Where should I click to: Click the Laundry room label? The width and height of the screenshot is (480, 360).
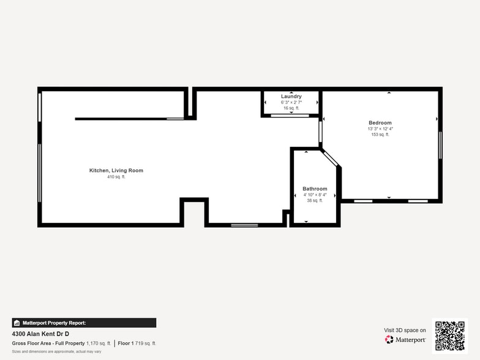pyautogui.click(x=291, y=97)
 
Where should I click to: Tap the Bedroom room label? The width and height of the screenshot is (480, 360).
pyautogui.click(x=380, y=123)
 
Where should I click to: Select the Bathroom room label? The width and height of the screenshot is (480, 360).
pyautogui.click(x=315, y=189)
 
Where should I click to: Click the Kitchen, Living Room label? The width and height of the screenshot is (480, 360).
pyautogui.click(x=116, y=170)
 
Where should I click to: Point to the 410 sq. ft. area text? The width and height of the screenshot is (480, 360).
pyautogui.click(x=116, y=177)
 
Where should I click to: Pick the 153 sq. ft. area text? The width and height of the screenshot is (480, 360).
pyautogui.click(x=380, y=135)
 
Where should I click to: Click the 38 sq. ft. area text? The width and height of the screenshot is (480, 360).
pyautogui.click(x=315, y=200)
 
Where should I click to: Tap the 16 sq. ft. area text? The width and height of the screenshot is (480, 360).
pyautogui.click(x=291, y=108)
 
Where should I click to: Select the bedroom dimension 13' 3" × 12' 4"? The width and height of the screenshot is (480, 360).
pyautogui.click(x=380, y=129)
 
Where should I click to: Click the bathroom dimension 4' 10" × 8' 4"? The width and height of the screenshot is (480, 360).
pyautogui.click(x=315, y=195)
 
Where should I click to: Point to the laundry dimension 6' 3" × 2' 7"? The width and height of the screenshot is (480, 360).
pyautogui.click(x=291, y=102)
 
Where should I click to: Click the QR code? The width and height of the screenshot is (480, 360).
pyautogui.click(x=449, y=335)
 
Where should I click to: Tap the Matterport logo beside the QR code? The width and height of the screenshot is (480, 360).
pyautogui.click(x=405, y=339)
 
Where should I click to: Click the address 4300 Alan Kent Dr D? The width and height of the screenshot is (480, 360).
pyautogui.click(x=41, y=334)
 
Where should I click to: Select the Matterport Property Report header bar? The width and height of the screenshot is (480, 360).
pyautogui.click(x=84, y=323)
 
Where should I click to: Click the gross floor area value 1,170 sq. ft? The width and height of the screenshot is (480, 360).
pyautogui.click(x=99, y=343)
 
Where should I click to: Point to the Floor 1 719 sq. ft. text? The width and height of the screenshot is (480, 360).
pyautogui.click(x=137, y=343)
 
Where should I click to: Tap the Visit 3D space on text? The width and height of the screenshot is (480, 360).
pyautogui.click(x=405, y=330)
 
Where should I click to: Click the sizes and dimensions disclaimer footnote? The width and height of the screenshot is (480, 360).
pyautogui.click(x=56, y=351)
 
